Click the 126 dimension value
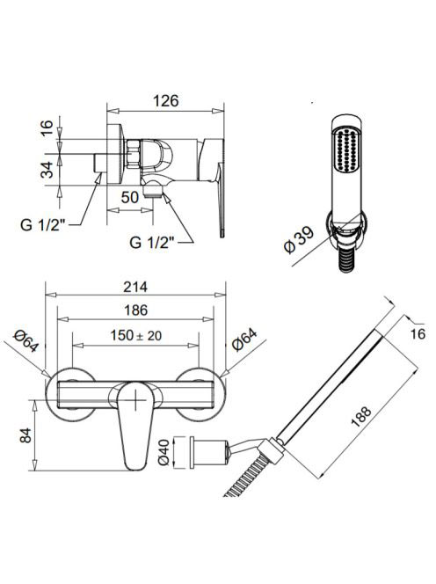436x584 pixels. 166,101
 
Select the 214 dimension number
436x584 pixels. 135,287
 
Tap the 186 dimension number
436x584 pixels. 136,310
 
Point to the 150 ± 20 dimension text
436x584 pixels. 136,336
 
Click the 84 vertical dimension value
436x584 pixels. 25,435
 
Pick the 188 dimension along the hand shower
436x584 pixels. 360,417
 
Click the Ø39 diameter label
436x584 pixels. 299,241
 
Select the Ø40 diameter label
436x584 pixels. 163,452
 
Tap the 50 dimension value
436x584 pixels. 130,197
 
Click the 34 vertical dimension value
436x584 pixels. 47,170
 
